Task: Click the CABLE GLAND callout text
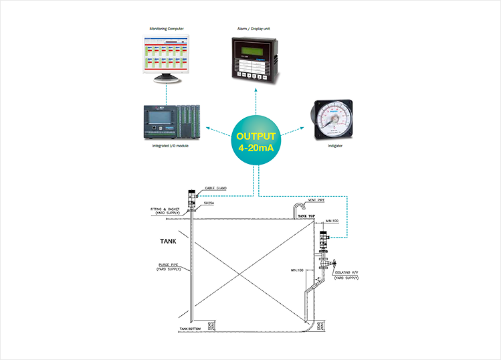tap(215, 189)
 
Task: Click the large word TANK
tap(169, 240)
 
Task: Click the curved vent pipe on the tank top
tap(296, 209)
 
